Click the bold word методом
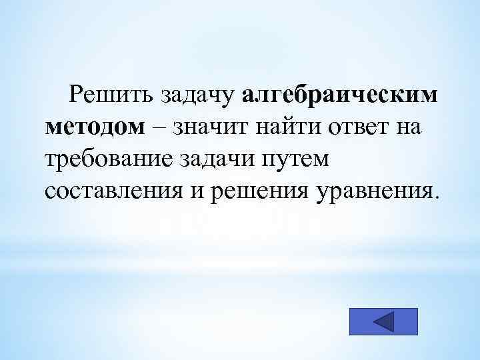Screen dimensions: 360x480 (x=95, y=127)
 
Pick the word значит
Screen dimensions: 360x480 (x=209, y=127)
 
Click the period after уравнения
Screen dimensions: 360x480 (x=437, y=197)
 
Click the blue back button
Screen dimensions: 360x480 (x=383, y=321)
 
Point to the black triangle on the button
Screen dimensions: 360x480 (x=386, y=321)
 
